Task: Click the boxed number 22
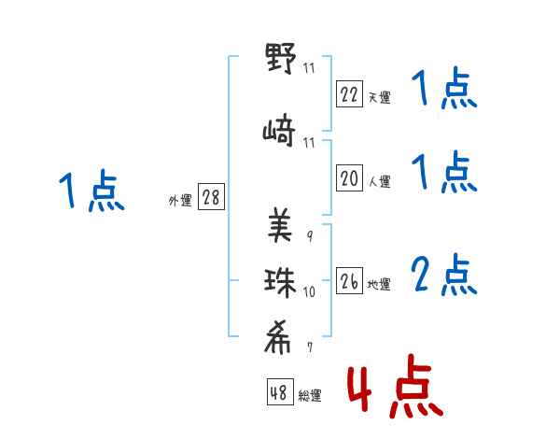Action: pos(349,92)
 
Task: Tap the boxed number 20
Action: pos(349,178)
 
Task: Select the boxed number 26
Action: pos(349,281)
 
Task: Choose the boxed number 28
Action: pos(211,198)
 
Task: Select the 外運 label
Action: pos(179,201)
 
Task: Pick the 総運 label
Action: pos(310,396)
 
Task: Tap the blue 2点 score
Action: pos(444,276)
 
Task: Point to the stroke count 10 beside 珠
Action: pos(309,292)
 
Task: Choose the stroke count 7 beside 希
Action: pos(309,347)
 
